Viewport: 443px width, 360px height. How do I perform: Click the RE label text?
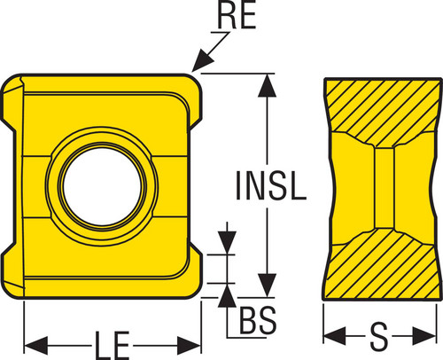[237, 16]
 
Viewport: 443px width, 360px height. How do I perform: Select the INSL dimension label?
[271, 185]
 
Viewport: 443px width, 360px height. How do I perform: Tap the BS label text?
[258, 320]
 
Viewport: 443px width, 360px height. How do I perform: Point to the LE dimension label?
[113, 346]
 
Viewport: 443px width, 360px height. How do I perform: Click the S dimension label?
[379, 336]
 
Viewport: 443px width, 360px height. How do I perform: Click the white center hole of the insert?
[102, 186]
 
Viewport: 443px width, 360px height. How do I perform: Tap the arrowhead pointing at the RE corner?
[202, 62]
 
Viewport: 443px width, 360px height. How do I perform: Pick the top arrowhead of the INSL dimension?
[267, 85]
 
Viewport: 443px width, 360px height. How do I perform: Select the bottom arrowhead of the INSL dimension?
[267, 286]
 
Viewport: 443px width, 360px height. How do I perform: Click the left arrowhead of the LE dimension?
[35, 345]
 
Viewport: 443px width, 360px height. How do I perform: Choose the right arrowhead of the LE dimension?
[189, 345]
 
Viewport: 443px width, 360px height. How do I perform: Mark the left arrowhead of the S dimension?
[335, 336]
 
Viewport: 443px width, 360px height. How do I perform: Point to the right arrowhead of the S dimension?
[424, 336]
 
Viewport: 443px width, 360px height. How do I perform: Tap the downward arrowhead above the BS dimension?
[227, 243]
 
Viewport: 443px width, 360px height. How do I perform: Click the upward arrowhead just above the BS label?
[227, 295]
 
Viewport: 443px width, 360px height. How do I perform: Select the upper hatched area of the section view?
[383, 109]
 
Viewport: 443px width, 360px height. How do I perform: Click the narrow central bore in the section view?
[385, 188]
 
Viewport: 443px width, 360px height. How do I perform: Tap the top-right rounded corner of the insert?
[195, 82]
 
